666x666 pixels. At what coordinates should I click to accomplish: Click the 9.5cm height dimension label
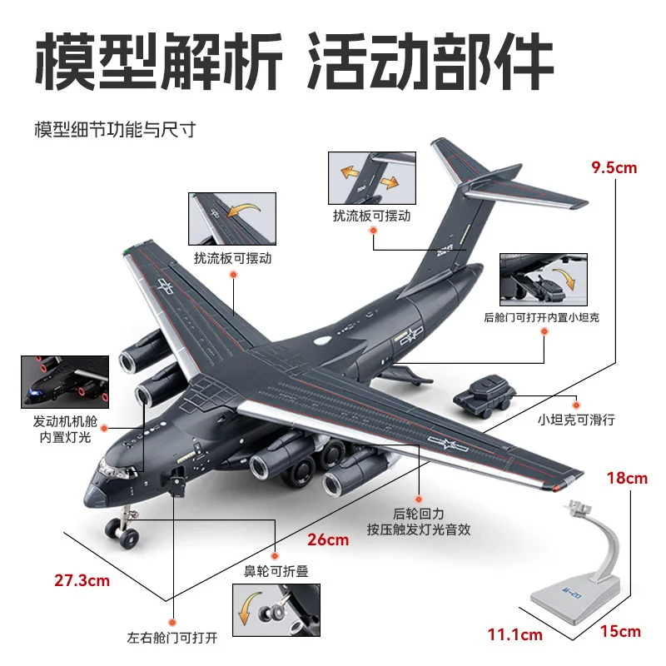tap(614, 167)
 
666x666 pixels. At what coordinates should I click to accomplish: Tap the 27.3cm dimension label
tap(82, 581)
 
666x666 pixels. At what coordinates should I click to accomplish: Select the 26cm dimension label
tap(328, 539)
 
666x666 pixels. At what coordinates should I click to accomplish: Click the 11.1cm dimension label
tap(514, 635)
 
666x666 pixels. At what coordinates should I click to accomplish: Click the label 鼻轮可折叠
tap(276, 571)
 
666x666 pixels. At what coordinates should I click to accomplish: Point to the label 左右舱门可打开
tap(172, 638)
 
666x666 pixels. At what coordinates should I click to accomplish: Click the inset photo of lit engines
tap(65, 382)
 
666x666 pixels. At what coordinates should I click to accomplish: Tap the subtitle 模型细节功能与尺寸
tap(114, 131)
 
